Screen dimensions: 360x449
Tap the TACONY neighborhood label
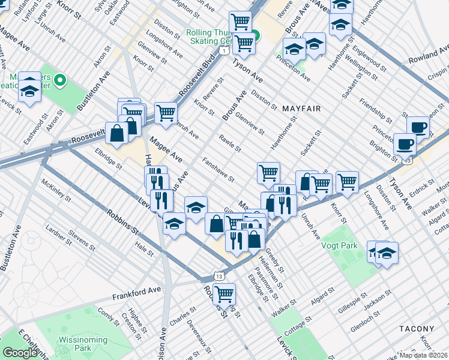coord(416,329)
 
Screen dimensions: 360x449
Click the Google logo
coord(20,353)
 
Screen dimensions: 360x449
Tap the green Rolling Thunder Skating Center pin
coord(255,35)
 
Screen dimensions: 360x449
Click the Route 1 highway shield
coord(223,52)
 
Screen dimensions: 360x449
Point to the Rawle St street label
coord(230,144)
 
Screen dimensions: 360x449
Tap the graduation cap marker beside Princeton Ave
coord(294,49)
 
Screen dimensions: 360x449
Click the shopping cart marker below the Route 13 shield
coord(223,295)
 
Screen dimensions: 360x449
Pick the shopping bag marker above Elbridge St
coord(116,134)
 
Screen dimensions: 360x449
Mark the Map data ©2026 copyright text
coord(424,355)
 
